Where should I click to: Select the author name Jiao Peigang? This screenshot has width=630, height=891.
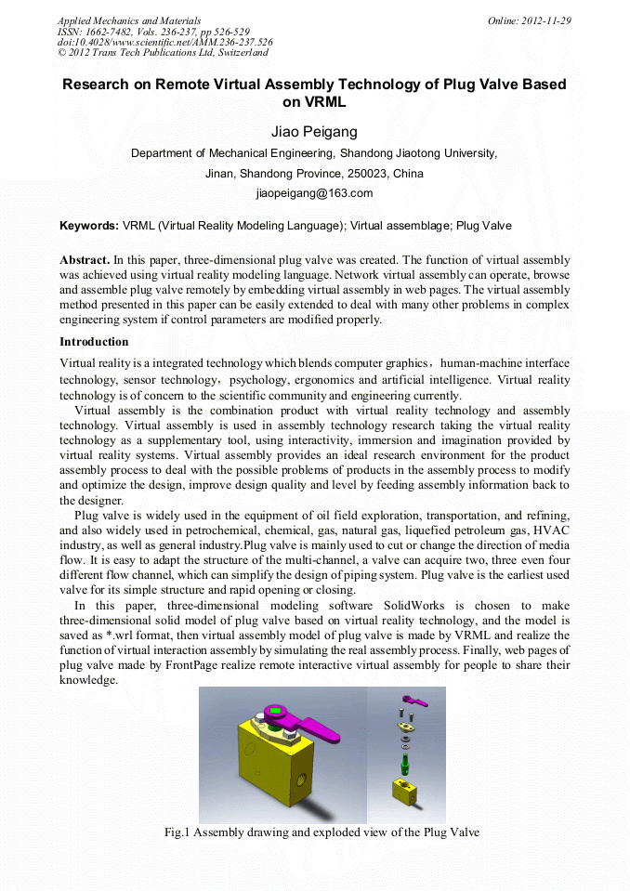[314, 132]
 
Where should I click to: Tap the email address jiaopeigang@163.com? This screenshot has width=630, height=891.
[314, 193]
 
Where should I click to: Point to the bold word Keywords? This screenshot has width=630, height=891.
[89, 226]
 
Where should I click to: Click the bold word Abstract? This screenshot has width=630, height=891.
[85, 260]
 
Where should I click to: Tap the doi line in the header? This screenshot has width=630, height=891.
[165, 42]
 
